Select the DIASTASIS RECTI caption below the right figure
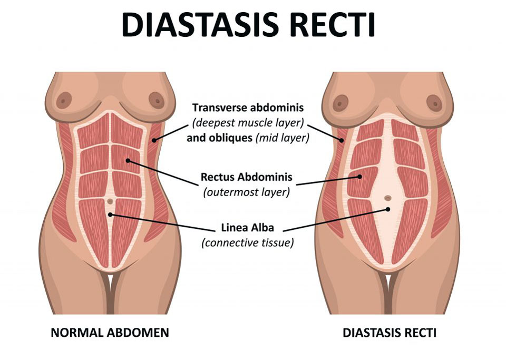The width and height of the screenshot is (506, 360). click(390, 333)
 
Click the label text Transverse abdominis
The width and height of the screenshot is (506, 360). click(248, 108)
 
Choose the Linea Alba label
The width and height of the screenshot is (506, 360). click(247, 229)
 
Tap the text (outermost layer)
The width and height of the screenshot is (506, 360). click(247, 191)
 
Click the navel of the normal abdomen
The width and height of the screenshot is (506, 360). click(110, 201)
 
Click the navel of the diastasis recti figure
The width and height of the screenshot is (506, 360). click(387, 198)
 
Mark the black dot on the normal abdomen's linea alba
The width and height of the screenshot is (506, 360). click(110, 214)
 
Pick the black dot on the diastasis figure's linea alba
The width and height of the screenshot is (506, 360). click(388, 209)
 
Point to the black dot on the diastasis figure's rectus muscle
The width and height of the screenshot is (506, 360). click(360, 177)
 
